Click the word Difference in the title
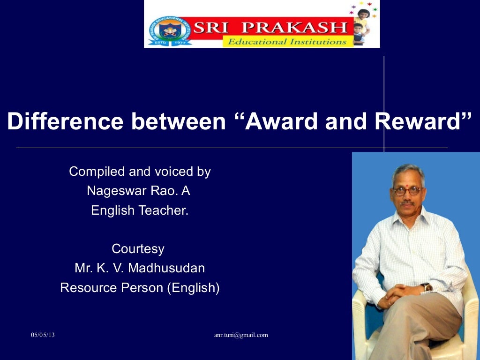coord(65,122)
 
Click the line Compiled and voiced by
coord(140,172)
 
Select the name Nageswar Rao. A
coord(138,191)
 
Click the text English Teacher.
coord(140,210)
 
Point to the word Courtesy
coord(138,248)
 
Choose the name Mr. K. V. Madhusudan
coord(140,268)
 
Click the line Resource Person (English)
coord(140,287)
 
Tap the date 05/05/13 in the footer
coord(43,335)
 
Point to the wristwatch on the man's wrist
coord(426,287)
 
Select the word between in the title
coord(179,122)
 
